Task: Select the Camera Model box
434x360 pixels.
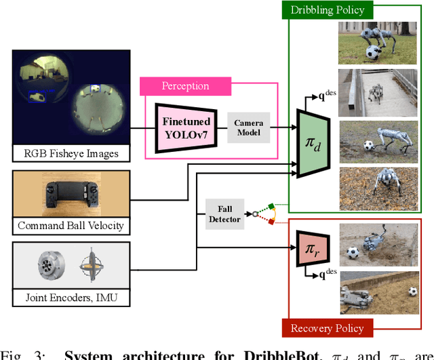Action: point(248,127)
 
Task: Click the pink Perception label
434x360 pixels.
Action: point(185,86)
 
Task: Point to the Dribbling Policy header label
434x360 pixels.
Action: point(328,9)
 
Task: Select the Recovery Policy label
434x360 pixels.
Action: point(327,329)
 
